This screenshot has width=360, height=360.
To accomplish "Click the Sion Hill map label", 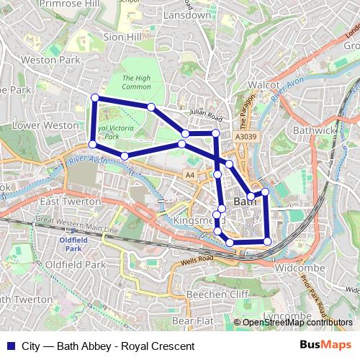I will [x=124, y=35].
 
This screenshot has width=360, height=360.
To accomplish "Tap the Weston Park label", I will [x=51, y=60].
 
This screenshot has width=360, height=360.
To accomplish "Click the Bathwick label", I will [x=312, y=130].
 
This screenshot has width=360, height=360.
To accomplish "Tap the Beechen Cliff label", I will [x=217, y=294].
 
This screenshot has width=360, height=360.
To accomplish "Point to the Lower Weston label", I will [x=45, y=125].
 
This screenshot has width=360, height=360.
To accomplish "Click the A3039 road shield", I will [x=245, y=135].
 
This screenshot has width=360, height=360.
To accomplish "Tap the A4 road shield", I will [x=189, y=175].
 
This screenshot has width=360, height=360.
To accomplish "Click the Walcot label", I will [x=263, y=85].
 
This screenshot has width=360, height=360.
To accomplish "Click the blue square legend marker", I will [x=9, y=346].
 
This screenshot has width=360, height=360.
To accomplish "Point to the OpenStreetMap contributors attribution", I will [x=295, y=323].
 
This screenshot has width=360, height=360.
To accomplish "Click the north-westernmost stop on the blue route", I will [x=94, y=98].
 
